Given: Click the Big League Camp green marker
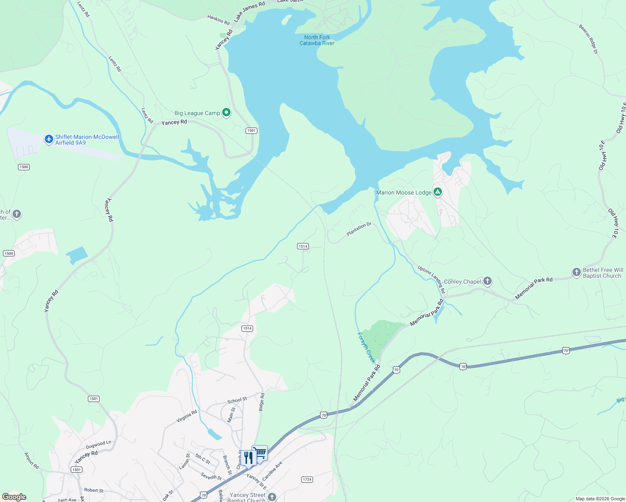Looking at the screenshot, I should click(226, 113).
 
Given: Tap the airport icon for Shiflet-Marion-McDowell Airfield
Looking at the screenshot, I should click(49, 139).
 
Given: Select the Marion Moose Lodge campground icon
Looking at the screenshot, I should click(438, 192).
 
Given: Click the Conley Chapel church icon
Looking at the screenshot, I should click(487, 281).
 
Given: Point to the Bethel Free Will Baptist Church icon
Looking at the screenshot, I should click(577, 272).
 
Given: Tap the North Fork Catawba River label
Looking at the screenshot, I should click(317, 40).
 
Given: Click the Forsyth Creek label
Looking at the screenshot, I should click(366, 348).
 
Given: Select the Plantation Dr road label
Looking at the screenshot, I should click(359, 229).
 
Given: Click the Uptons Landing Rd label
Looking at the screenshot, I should click(431, 279).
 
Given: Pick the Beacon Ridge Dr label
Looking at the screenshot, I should click(588, 39).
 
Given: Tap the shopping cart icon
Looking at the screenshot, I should click(260, 453).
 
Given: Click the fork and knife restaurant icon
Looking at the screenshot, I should click(248, 458).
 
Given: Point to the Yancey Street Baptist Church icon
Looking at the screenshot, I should click(272, 497).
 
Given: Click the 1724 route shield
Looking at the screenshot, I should click(307, 479).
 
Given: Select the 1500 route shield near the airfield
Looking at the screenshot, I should click(24, 167).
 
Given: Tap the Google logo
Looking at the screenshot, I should click(14, 497).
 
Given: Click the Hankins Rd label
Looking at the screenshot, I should click(218, 20).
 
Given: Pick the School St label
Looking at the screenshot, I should click(237, 400).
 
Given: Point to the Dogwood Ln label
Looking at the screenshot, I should click(99, 444).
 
